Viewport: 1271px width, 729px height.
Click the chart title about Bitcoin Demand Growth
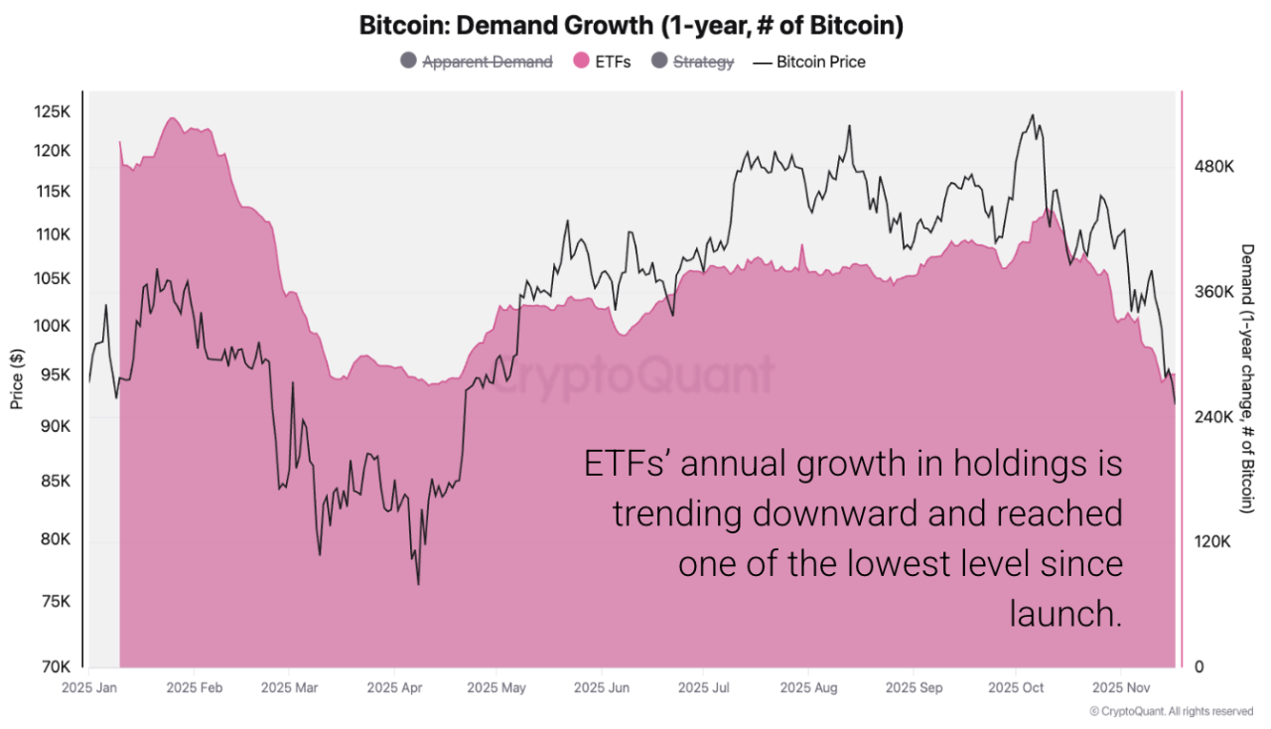click(x=632, y=26)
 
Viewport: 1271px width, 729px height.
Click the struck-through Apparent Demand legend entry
click(x=487, y=62)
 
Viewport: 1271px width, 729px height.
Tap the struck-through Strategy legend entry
click(x=703, y=62)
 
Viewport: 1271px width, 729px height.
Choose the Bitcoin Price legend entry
click(x=820, y=62)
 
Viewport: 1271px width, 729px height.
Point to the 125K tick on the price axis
click(x=53, y=111)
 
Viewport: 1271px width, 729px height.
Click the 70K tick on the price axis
click(x=56, y=666)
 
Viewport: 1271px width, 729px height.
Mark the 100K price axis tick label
click(x=53, y=326)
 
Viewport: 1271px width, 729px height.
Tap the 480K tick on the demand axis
click(x=1213, y=167)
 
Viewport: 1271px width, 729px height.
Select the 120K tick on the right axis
click(x=1213, y=542)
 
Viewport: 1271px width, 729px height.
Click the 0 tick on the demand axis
click(x=1200, y=666)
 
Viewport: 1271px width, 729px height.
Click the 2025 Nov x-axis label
click(x=1120, y=687)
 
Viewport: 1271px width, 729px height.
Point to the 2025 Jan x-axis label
click(x=89, y=687)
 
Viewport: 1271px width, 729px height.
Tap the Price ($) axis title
click(x=17, y=378)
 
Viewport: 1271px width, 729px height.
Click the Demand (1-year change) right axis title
click(x=1247, y=378)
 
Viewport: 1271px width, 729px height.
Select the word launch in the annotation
click(x=1064, y=613)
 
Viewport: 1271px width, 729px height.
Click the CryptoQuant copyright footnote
click(x=1171, y=711)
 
